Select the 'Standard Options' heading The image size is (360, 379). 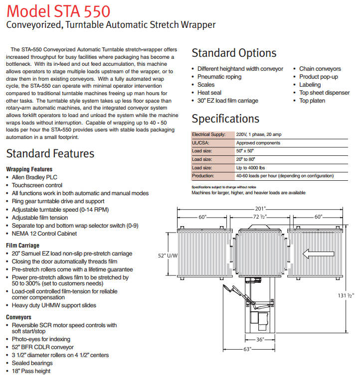coord(234,53)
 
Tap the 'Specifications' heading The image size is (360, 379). coord(225,119)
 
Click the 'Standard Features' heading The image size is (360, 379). coord(50,153)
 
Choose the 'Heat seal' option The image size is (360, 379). coord(209,93)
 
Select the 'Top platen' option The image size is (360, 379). coord(312,101)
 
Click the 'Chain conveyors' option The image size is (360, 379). coord(320,69)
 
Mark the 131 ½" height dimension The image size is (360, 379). coord(345,296)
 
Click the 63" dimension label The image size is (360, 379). coord(247,349)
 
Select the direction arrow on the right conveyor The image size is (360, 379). coord(318,254)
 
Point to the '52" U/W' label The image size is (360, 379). coord(169,255)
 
